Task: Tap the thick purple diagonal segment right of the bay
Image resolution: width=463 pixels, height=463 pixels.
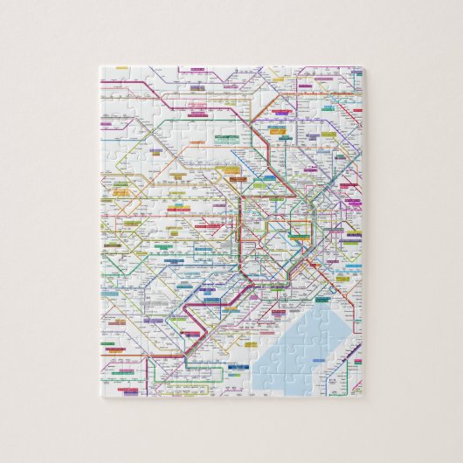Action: click(349, 353)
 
